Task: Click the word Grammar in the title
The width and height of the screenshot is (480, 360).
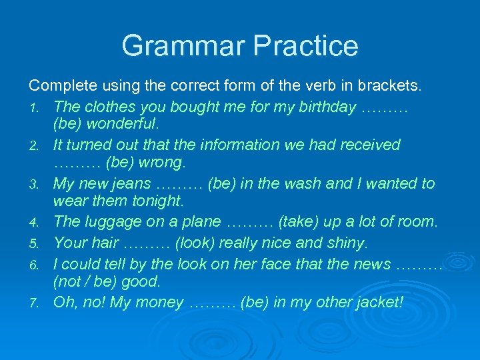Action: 183,46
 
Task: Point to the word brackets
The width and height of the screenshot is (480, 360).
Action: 389,86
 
